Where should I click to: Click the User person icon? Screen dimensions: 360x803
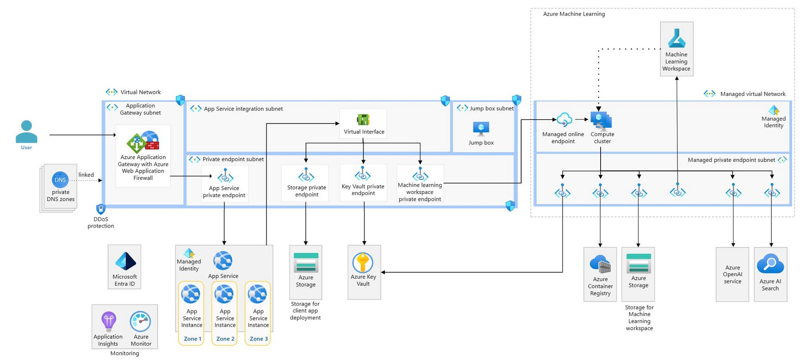26,131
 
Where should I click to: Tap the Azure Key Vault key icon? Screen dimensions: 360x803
363,262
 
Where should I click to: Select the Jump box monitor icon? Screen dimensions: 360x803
481,129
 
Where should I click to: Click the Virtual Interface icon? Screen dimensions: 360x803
363,120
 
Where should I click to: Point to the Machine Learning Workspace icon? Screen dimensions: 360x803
677,39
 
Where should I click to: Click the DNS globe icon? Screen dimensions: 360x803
60,180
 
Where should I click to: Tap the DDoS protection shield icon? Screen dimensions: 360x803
101,209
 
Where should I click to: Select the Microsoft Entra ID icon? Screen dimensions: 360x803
125,261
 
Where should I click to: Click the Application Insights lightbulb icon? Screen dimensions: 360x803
108,321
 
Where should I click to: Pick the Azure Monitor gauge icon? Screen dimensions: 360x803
141,321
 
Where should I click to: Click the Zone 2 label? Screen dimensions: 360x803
225,339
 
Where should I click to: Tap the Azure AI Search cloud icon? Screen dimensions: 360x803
770,264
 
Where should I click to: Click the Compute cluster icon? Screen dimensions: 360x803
601,121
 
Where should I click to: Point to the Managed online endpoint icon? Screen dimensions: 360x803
565,120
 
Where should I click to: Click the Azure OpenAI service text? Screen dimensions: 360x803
733,275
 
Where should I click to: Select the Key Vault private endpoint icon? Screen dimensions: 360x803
363,174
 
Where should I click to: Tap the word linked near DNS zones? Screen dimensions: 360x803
86,175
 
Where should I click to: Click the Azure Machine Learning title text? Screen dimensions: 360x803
574,14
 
